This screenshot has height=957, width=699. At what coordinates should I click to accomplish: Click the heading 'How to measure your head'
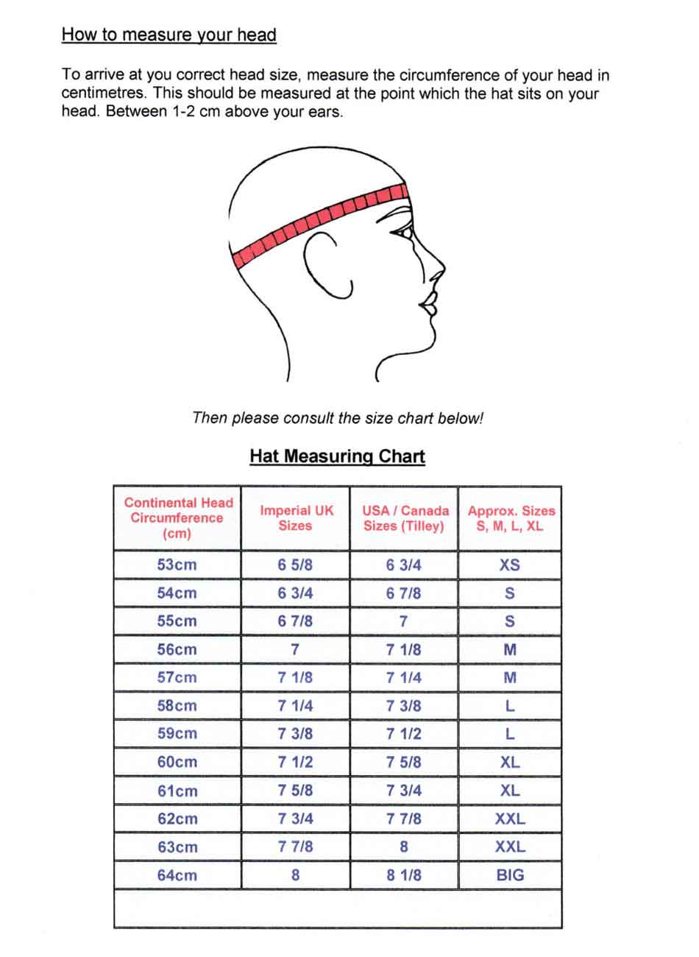[x=168, y=35]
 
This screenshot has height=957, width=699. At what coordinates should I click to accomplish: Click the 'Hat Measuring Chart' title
[x=337, y=456]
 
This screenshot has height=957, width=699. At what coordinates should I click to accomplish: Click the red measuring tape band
[x=316, y=222]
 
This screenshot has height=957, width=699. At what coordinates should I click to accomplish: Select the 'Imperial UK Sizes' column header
[x=296, y=518]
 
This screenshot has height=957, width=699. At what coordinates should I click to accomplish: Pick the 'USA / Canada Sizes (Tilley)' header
[x=405, y=518]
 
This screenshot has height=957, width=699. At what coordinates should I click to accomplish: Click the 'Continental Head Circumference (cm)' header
[x=177, y=518]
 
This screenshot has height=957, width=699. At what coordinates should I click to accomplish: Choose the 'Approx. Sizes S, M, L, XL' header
[x=511, y=518]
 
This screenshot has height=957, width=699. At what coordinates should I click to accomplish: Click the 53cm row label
[x=177, y=565]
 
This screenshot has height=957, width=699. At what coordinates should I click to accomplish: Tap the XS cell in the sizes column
[x=509, y=565]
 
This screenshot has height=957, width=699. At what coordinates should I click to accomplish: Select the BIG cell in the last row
[x=510, y=875]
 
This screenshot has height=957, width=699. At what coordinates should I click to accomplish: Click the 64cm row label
[x=177, y=875]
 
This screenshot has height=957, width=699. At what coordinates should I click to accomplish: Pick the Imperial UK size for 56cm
[x=295, y=649]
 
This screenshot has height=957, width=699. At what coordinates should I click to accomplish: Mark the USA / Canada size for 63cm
[x=403, y=847]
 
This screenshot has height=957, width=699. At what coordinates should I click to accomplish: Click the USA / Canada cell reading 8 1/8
[x=403, y=875]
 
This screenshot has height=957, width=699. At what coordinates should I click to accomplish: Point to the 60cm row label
[x=177, y=762]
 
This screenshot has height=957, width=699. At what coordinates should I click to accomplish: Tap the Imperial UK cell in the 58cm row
[x=295, y=705]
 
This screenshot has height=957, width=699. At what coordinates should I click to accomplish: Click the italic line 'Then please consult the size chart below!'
[x=337, y=418]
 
